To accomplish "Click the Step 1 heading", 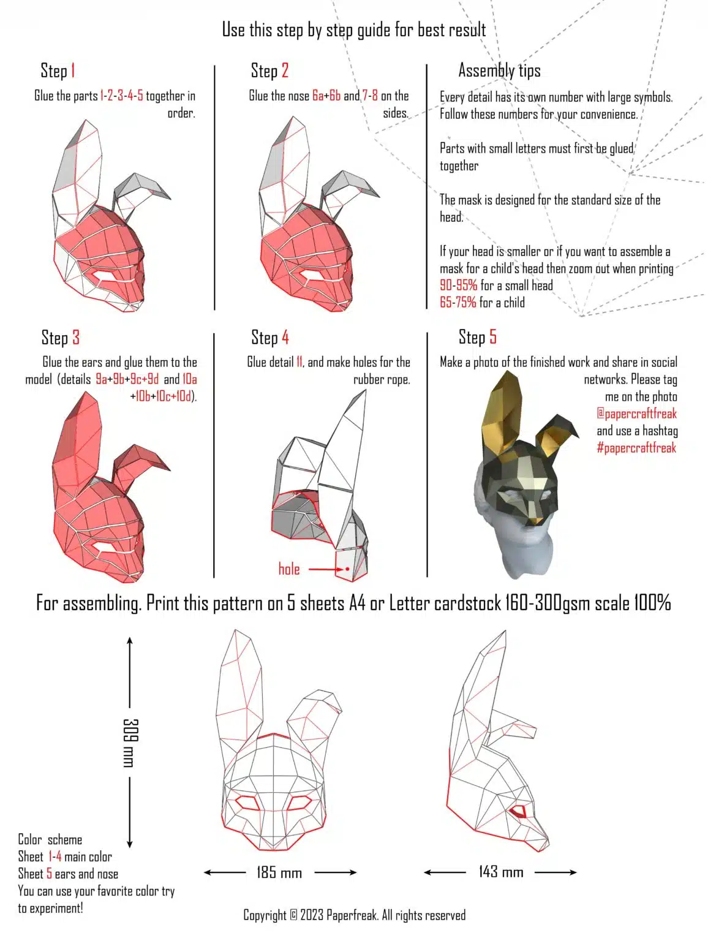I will (58, 70).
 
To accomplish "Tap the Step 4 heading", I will (269, 337).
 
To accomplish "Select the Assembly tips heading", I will (499, 70).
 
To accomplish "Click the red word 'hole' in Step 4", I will (289, 569).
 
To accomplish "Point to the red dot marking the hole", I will (347, 569).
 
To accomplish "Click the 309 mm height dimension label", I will (130, 743).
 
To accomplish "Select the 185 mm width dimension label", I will (279, 872).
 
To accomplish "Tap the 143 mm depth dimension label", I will (500, 872).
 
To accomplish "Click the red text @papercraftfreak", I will (636, 414).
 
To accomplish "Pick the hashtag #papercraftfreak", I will (636, 448).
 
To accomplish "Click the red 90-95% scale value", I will (458, 285).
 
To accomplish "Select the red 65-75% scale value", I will (458, 303).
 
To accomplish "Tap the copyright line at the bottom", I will (354, 915).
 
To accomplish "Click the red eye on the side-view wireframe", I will (518, 812).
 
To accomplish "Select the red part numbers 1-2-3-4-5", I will (122, 96).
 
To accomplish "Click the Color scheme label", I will (50, 840).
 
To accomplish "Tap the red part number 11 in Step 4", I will (299, 363).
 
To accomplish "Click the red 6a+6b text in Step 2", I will (326, 96).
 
